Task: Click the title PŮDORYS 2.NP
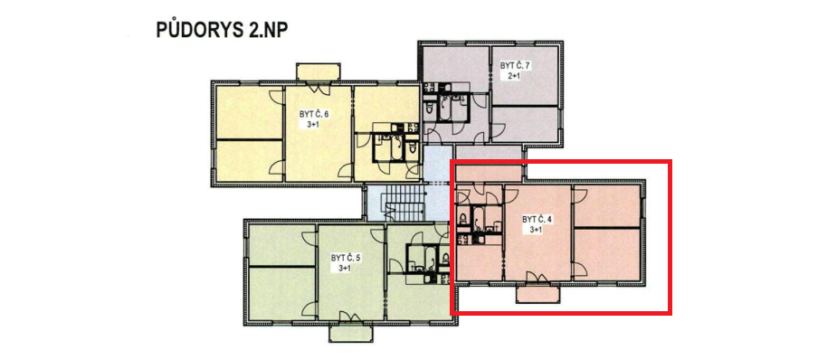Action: (223, 30)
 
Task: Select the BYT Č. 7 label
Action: (515, 66)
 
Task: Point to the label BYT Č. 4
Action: (537, 220)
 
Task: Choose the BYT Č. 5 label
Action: (346, 258)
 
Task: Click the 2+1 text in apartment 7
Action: (515, 75)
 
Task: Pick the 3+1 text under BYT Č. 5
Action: (346, 268)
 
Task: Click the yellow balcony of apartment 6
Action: (319, 72)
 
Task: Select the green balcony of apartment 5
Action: (350, 332)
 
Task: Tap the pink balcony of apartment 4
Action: (537, 294)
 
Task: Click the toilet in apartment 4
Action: (462, 217)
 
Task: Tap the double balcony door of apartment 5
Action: (350, 317)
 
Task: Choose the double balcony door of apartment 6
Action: (319, 87)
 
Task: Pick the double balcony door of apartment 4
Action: (537, 279)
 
